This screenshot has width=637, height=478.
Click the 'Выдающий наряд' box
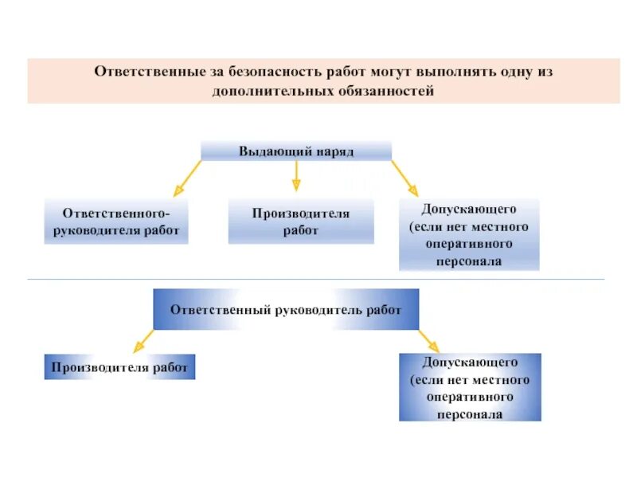coord(296,151)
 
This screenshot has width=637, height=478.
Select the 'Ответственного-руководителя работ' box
coord(116,221)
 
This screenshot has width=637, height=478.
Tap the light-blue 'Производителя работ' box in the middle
coord(301,221)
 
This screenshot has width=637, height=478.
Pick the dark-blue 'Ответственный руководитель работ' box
coord(286,310)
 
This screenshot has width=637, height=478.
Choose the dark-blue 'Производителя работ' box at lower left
coord(119,367)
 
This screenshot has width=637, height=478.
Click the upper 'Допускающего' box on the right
coord(469,235)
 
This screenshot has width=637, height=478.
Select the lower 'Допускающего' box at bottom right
coord(470,387)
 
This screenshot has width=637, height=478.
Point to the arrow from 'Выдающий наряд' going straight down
coord(296,175)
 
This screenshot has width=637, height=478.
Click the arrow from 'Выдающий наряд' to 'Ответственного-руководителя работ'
coord(188,178)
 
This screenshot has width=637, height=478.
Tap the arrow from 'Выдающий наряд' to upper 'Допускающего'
coord(404,178)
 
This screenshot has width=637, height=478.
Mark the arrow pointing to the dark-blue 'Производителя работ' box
coord(143,341)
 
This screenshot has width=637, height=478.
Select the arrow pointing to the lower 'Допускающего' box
coord(428,341)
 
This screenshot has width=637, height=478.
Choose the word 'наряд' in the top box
coord(333,151)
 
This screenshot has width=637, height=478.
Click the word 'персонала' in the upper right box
coord(469,261)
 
